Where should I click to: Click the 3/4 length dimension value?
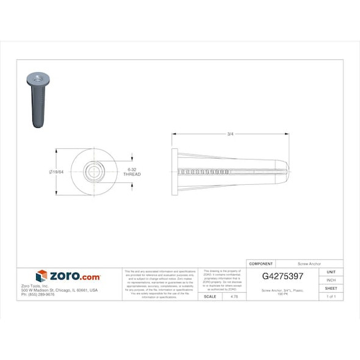pos(230,134)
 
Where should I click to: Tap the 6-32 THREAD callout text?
pos(132,171)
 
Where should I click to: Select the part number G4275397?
pos(283,276)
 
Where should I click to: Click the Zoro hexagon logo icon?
pos(41,276)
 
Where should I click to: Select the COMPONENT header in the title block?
pos(261,263)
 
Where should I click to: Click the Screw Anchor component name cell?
pos(309,263)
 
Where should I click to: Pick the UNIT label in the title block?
pos(331,272)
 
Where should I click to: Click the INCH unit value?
pos(331,280)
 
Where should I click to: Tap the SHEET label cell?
pos(331,288)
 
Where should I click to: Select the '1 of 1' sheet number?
pos(331,297)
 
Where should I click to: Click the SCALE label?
pos(209,297)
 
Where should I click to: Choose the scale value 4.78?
pos(234,297)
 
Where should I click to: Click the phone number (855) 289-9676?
pos(38,295)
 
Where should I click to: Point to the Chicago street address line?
pos(59,290)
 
